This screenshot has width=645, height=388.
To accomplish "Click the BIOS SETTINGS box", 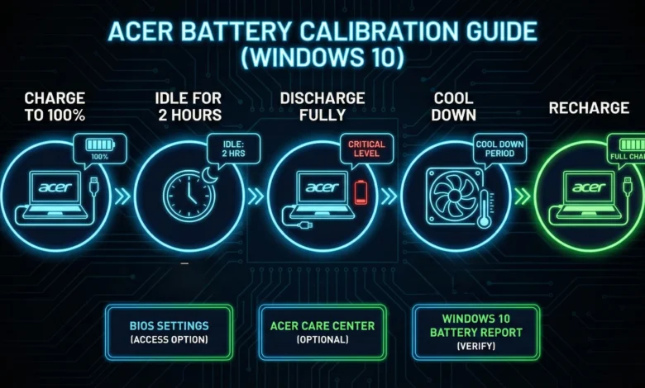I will pyautogui.click(x=168, y=332).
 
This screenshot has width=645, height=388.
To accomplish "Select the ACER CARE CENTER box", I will pyautogui.click(x=322, y=332).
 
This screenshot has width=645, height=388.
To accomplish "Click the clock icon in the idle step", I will pyautogui.click(x=188, y=196).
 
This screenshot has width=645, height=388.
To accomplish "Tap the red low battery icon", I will pyautogui.click(x=361, y=192).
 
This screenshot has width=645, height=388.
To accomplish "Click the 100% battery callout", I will pyautogui.click(x=98, y=150).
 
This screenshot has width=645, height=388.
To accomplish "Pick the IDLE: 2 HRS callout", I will pyautogui.click(x=228, y=148).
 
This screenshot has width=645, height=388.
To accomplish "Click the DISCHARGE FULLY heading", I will pyautogui.click(x=322, y=106).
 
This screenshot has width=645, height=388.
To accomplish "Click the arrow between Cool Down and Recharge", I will pyautogui.click(x=521, y=196).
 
